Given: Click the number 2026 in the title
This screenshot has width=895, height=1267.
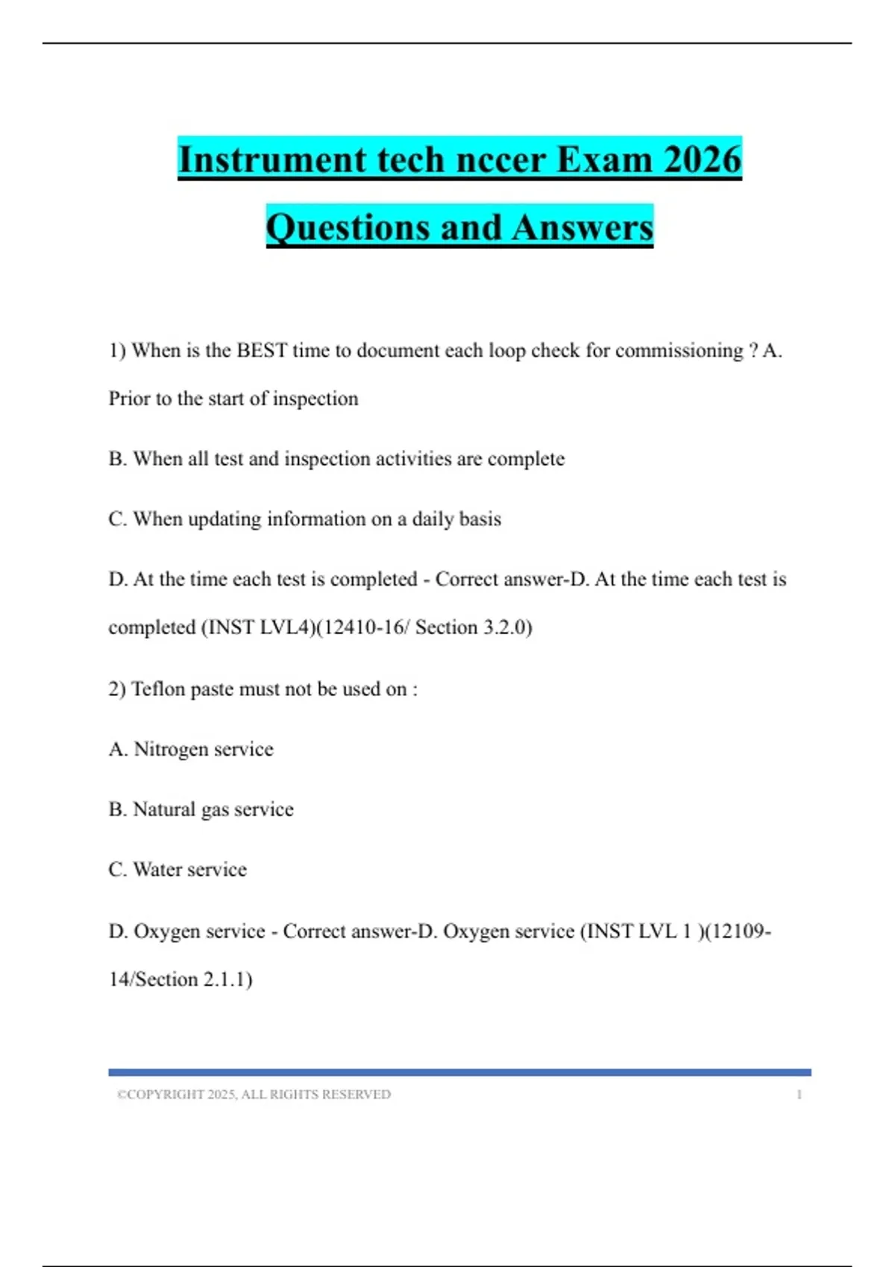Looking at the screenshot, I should point(702,159).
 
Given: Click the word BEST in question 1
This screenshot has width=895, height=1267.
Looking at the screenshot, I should point(262,350).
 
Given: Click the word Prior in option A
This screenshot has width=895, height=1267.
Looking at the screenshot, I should point(129,399).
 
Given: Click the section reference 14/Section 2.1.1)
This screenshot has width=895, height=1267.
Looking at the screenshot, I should point(180,979).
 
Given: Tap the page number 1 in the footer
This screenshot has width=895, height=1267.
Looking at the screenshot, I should point(799,1095).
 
